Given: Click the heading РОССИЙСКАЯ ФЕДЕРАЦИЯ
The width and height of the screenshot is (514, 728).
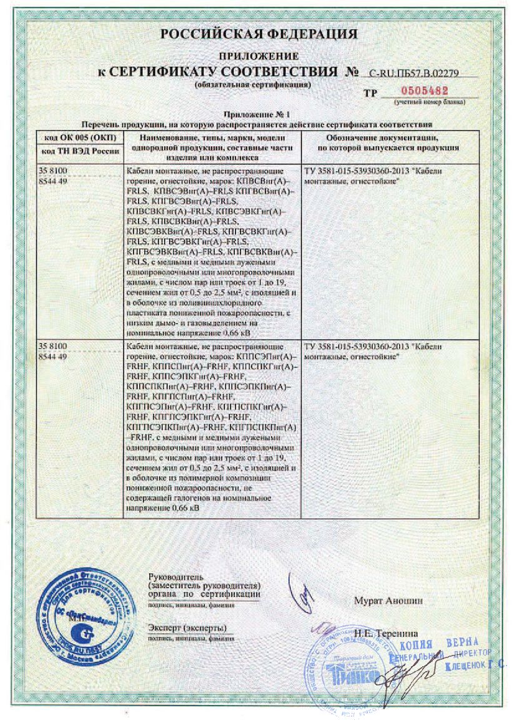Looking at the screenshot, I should [x=259, y=34].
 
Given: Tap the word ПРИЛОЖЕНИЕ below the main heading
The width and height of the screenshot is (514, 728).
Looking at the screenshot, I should [x=259, y=56].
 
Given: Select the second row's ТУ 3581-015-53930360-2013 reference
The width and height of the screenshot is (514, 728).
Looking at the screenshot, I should [x=356, y=346].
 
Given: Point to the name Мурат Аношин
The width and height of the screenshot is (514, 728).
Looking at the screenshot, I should [x=388, y=601].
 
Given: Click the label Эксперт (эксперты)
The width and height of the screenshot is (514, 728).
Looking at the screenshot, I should [x=187, y=627].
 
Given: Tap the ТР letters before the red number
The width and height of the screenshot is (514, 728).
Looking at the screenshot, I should [x=370, y=92].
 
